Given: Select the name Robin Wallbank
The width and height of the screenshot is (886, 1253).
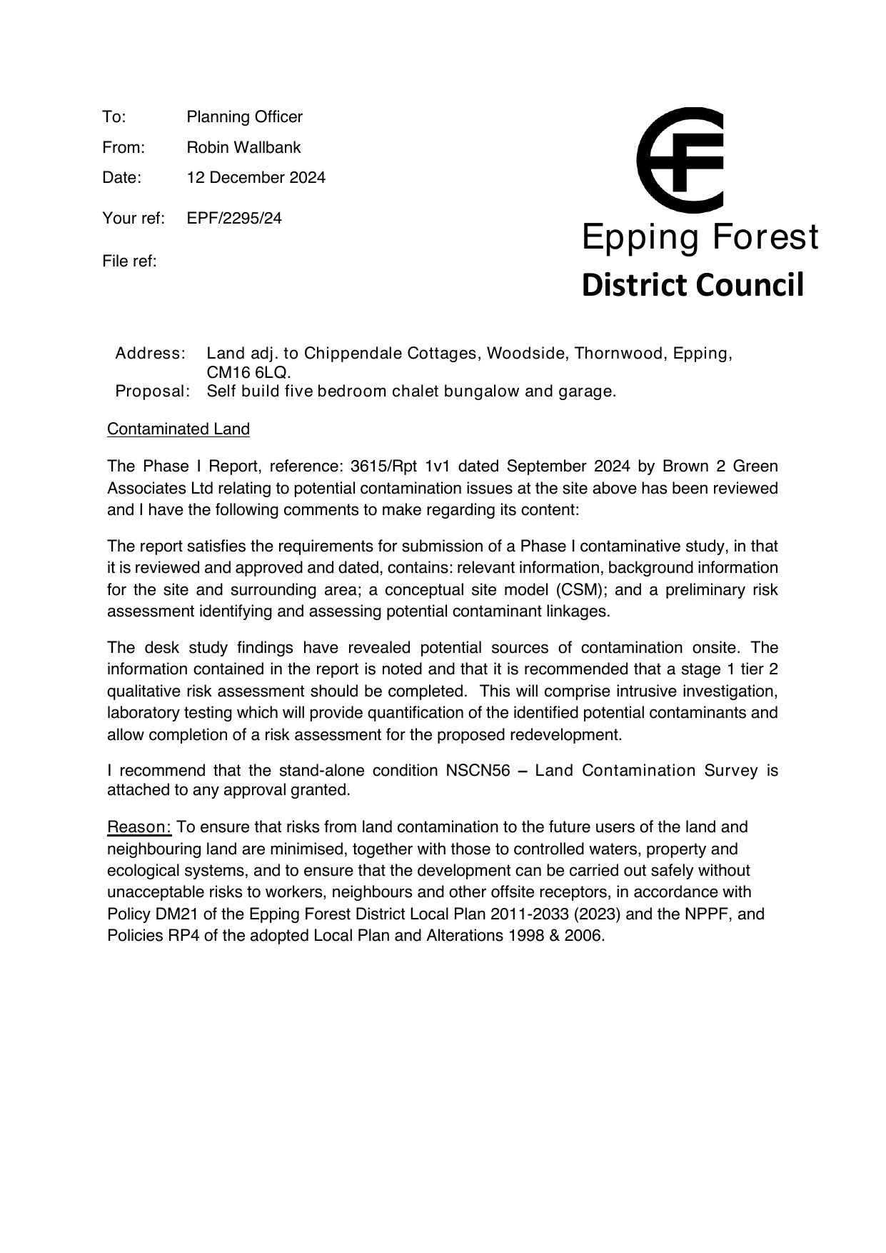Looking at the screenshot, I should pos(243,148).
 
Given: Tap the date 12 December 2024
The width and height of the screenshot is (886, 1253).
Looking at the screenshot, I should pos(256,178).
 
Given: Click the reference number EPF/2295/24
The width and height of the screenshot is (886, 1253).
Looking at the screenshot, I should pos(234,219).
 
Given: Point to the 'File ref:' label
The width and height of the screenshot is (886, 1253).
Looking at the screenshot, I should pos(129,261).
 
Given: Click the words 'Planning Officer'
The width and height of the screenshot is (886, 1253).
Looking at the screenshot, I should pos(244,117).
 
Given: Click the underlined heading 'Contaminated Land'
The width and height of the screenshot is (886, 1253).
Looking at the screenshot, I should pos(178,429).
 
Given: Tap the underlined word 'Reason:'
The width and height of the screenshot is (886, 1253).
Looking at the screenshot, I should pos(139,827).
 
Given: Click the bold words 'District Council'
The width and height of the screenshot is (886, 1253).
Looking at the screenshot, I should pos(693,285).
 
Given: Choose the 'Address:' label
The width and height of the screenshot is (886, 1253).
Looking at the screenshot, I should pos(151,354).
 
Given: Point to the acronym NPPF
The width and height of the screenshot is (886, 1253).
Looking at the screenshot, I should pos(707,914).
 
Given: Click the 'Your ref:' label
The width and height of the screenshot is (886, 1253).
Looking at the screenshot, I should pos(134,219).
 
